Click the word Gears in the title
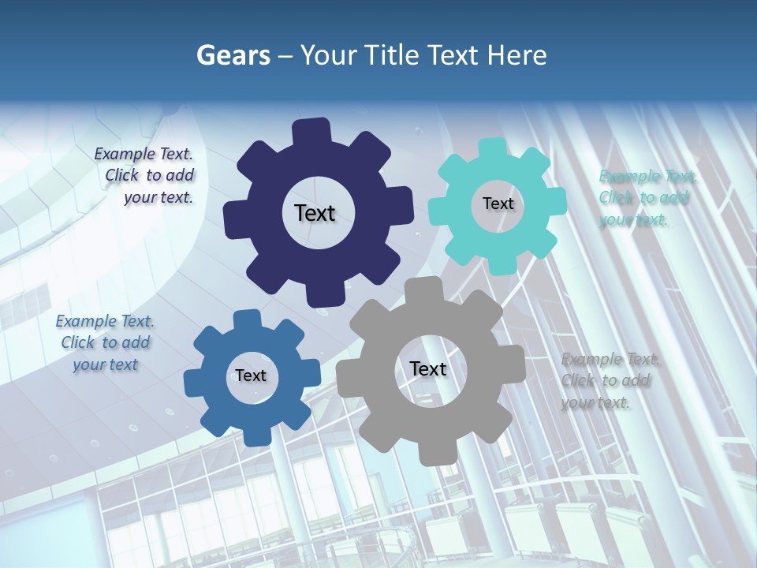pos(233,55)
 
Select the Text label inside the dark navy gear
pos(315,213)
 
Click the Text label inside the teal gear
pos(498,204)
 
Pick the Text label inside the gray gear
pos(427,368)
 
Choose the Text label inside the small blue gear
pos(251,376)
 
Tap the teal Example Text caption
pos(647,198)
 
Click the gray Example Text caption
pos(610,380)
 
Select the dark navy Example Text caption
pos(146,176)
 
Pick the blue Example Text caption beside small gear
pos(105,342)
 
